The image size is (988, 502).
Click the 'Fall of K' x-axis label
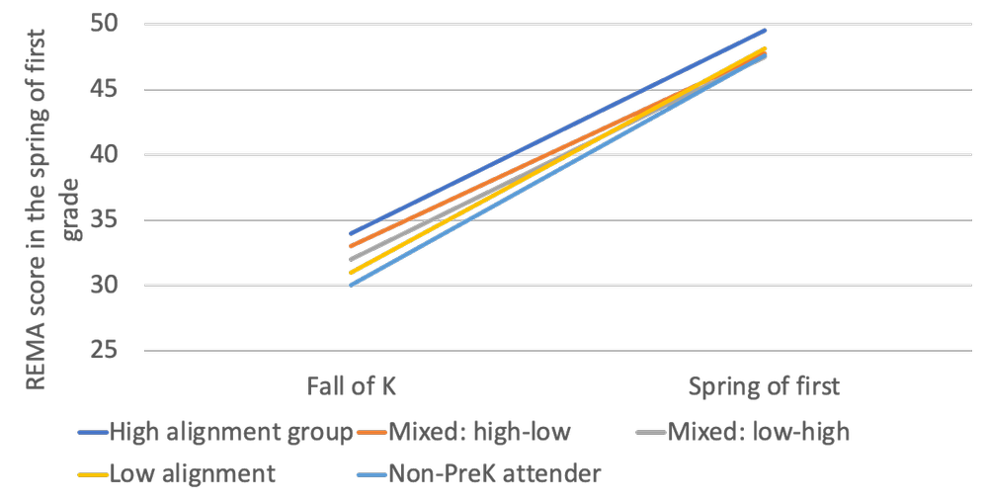tap(351, 385)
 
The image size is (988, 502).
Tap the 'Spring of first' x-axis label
tap(764, 385)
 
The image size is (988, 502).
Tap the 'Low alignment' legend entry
tap(193, 473)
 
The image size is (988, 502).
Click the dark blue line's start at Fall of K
tap(351, 233)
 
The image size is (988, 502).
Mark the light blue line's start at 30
tap(351, 286)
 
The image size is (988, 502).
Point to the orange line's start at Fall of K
tap(351, 246)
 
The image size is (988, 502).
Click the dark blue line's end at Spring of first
tap(765, 31)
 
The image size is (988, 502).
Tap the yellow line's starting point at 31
tap(351, 272)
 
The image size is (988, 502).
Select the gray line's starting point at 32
tap(351, 259)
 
